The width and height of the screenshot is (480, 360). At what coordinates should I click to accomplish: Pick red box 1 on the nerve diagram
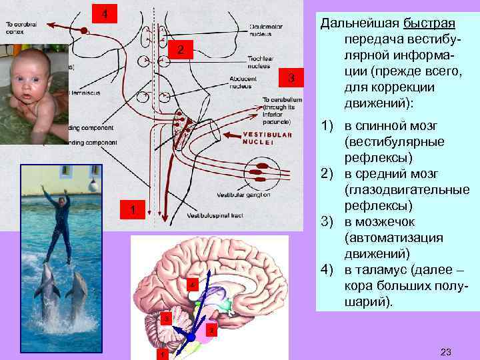click(132, 210)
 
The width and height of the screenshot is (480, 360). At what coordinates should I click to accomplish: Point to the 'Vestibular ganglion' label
click(243, 195)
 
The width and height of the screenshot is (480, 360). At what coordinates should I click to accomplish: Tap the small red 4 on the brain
click(192, 285)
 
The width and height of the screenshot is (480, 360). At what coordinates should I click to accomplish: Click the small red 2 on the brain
click(211, 331)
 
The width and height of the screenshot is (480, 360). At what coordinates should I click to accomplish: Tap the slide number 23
click(446, 351)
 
